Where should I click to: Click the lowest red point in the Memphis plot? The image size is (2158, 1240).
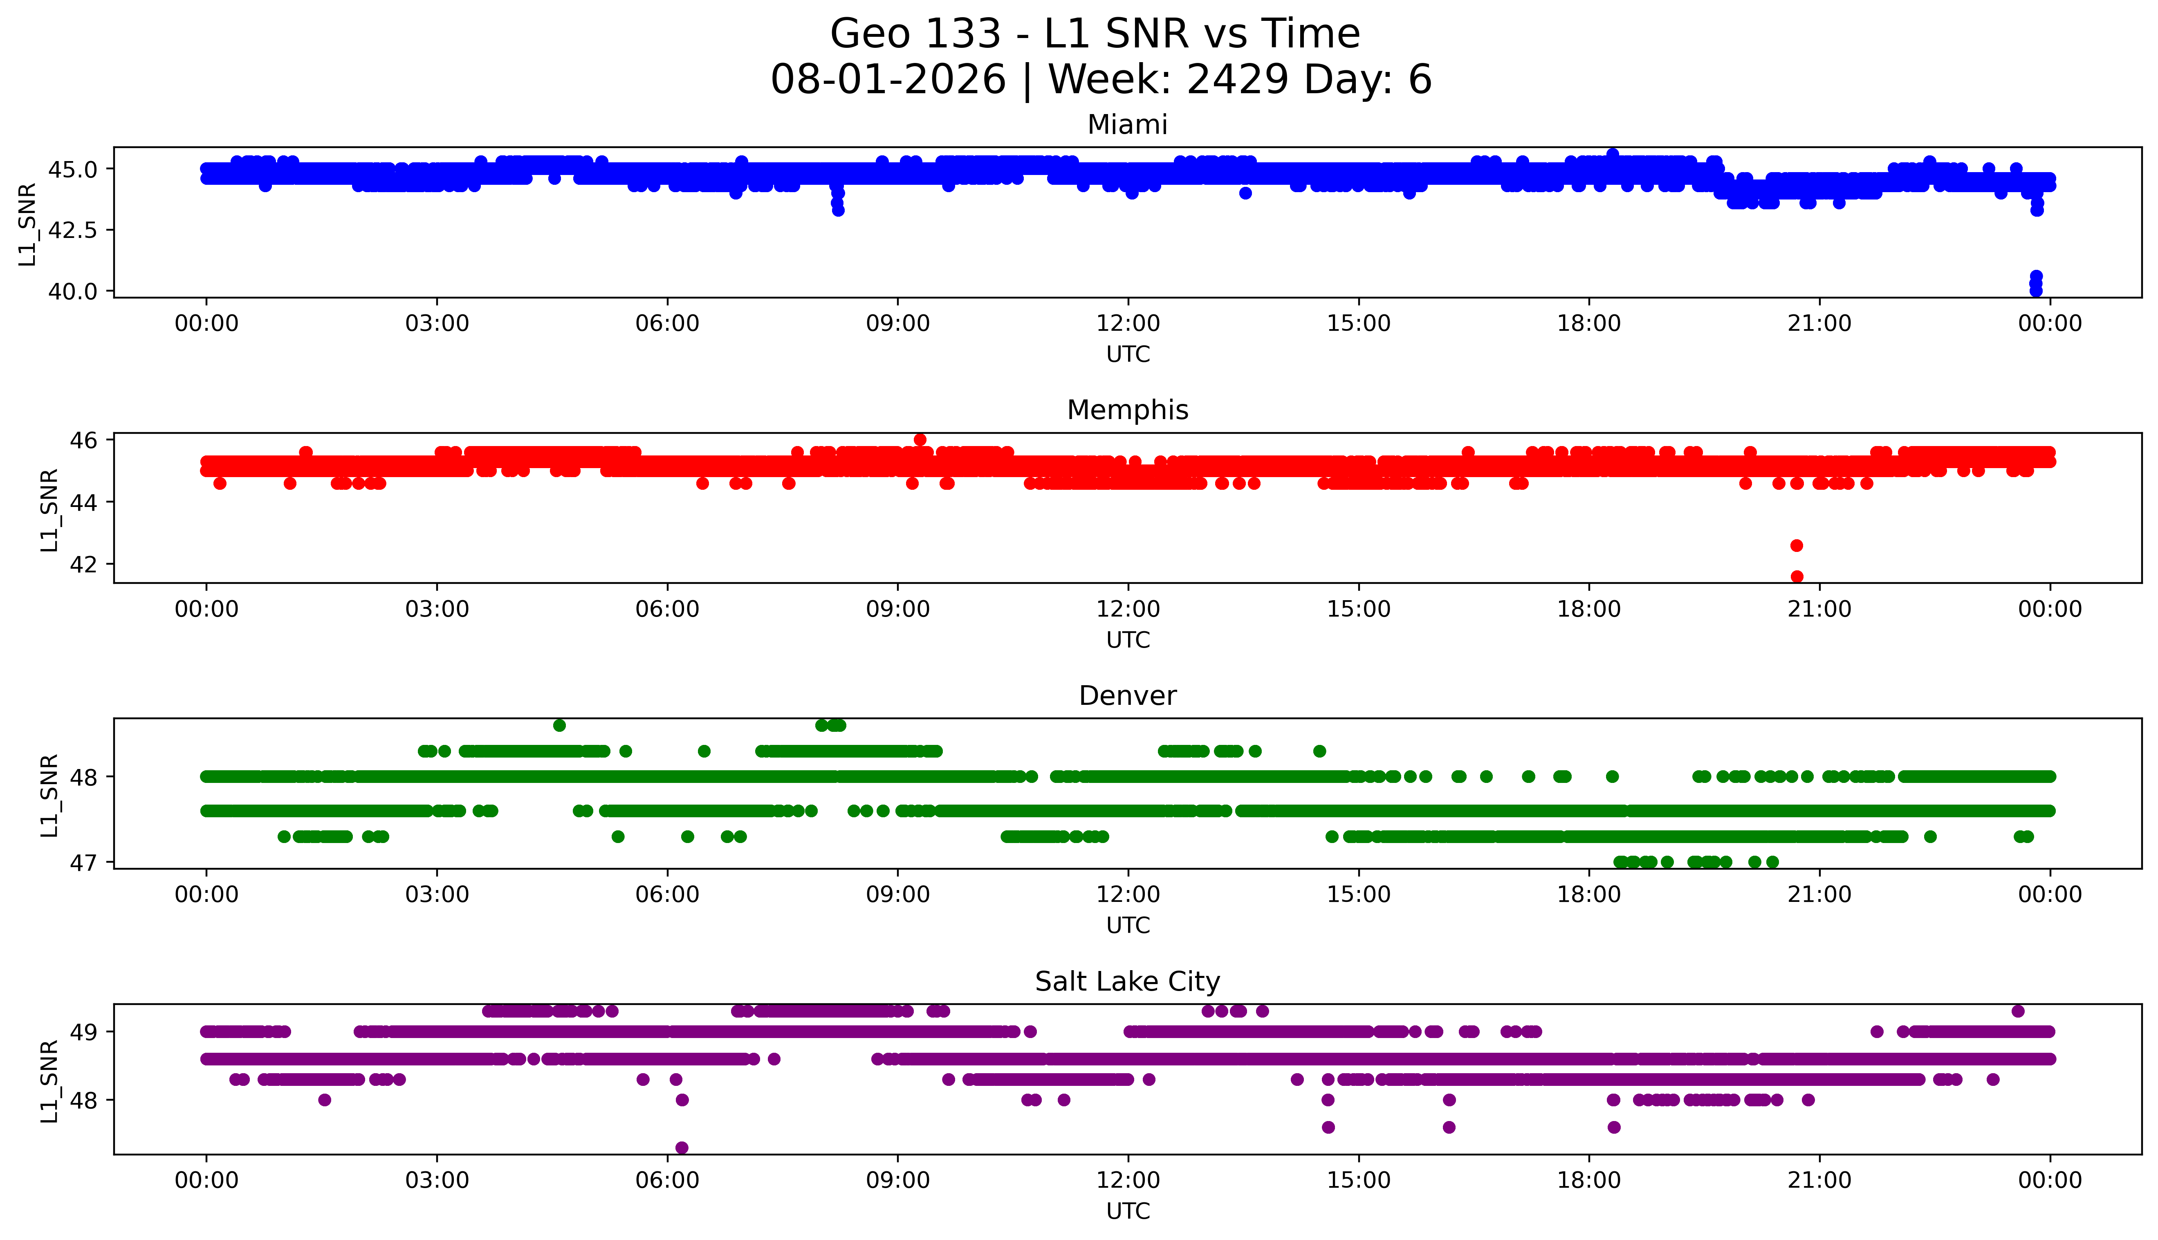[x=1797, y=576]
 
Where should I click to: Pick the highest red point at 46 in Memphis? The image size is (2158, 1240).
[x=920, y=439]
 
